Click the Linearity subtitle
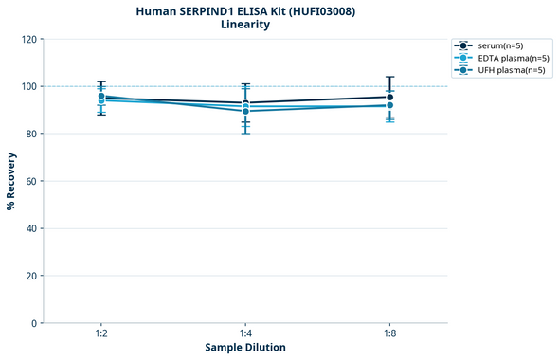click(244, 25)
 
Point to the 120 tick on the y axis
click(28, 39)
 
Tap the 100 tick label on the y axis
click(28, 86)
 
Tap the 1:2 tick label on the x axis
click(101, 334)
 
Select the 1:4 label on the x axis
click(245, 334)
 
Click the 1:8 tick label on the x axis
click(389, 334)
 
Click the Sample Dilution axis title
click(245, 348)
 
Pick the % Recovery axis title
click(11, 181)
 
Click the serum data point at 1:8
click(389, 97)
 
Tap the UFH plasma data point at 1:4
click(245, 111)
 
